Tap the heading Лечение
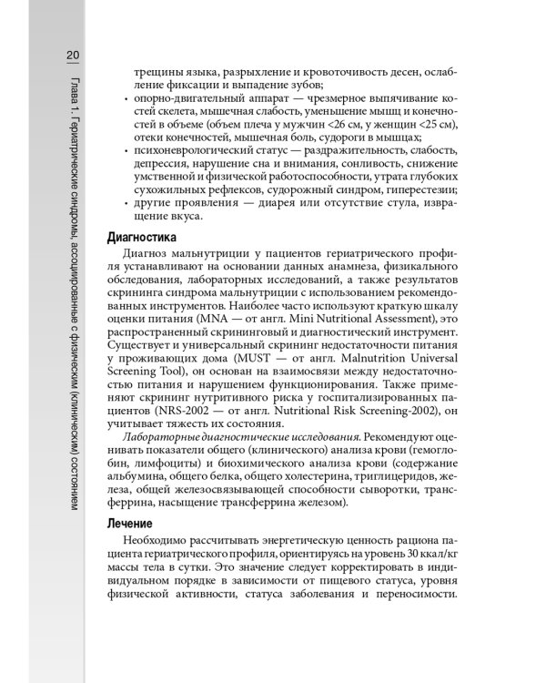133,525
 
